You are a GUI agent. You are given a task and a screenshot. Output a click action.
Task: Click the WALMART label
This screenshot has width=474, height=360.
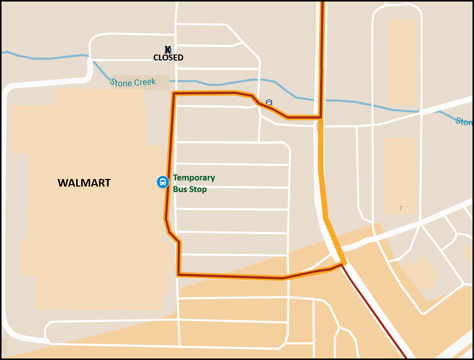pyautogui.click(x=84, y=183)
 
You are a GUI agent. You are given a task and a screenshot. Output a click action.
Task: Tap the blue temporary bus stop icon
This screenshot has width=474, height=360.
pyautogui.click(x=162, y=182)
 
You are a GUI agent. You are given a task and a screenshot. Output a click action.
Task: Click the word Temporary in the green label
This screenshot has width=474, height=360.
pyautogui.click(x=194, y=178)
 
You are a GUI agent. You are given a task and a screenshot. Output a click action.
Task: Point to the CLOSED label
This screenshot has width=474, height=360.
pyautogui.click(x=168, y=58)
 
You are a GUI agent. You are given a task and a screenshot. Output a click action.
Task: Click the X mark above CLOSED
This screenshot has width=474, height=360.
pyautogui.click(x=168, y=49)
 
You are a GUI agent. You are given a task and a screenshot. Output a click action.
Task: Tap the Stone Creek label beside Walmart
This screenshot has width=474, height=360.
pyautogui.click(x=133, y=82)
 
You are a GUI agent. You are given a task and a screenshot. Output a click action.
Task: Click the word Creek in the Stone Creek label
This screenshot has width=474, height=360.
pyautogui.click(x=145, y=82)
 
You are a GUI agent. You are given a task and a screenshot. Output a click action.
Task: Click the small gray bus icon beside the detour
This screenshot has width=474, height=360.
pyautogui.click(x=269, y=102)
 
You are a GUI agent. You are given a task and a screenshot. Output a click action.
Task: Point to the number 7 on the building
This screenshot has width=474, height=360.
pyautogui.click(x=400, y=208)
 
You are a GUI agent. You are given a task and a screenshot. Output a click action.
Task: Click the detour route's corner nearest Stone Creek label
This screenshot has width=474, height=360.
pyautogui.click(x=174, y=94)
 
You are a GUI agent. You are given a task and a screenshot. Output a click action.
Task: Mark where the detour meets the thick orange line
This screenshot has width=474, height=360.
pyautogui.click(x=321, y=117)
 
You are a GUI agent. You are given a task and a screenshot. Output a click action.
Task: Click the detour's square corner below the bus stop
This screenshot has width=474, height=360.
pyautogui.click(x=179, y=274)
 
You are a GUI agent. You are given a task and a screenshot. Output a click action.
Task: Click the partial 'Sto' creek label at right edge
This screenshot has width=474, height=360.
pyautogui.click(x=464, y=122)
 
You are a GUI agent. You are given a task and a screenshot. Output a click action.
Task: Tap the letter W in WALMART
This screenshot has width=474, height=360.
pyautogui.click(x=63, y=183)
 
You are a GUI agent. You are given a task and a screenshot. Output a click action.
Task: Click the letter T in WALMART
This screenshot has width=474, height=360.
pyautogui.click(x=107, y=183)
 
